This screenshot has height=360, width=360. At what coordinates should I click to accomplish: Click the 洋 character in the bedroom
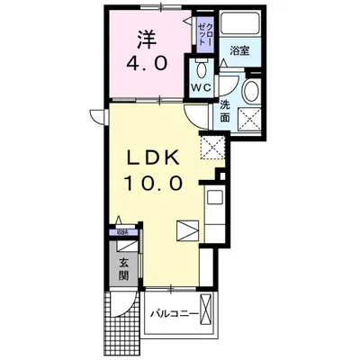point(147,41)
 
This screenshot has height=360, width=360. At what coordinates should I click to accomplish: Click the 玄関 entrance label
point(123,268)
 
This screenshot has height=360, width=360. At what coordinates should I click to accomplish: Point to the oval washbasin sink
point(251,89)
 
